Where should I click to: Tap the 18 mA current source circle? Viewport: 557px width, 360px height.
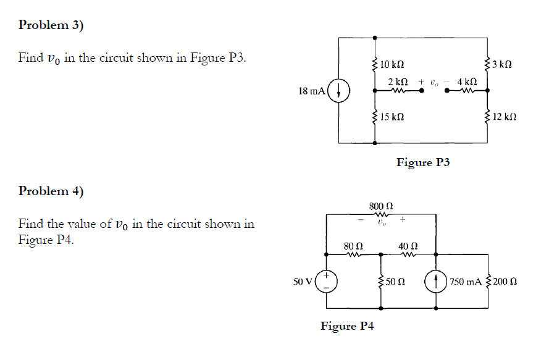coord(340,91)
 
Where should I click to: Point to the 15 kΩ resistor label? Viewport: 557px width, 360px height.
coord(393,117)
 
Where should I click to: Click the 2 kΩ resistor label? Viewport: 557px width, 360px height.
coord(398,82)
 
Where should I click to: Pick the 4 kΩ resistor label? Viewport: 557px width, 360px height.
coord(467,82)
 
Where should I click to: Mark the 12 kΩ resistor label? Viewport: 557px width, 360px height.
coord(506,117)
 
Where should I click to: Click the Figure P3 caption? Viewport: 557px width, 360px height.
coord(423,162)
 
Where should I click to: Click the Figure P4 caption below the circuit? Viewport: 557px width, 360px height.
coord(347,326)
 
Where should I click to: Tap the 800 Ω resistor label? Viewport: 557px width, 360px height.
coord(381,205)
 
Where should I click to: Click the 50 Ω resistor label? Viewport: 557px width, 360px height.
coord(396,282)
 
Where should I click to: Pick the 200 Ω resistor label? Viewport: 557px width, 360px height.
coord(506,282)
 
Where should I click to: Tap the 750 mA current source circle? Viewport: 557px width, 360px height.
coord(437,282)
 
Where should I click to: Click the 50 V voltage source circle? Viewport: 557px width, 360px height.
coord(327,282)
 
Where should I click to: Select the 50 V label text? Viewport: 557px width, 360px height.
coord(303,282)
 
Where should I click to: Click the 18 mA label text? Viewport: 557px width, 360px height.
coord(311,91)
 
